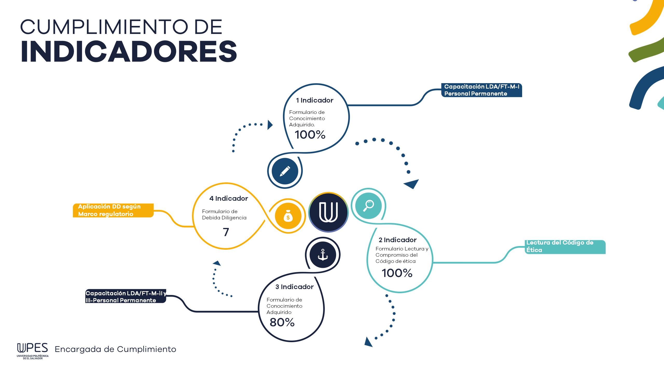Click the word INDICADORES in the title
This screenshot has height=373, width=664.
(129, 52)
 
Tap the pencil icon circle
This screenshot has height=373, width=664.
(285, 171)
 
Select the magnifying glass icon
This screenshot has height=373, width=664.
(368, 206)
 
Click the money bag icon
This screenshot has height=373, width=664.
(288, 216)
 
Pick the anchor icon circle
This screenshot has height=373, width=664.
(323, 255)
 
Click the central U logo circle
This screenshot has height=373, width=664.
(328, 212)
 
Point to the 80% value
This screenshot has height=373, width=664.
(282, 322)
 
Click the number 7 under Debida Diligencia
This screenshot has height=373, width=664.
(226, 232)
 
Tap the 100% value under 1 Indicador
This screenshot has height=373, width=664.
(310, 135)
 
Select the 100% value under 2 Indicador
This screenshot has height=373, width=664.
(397, 273)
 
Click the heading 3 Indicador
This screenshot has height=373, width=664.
(294, 287)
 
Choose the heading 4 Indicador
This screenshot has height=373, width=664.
(229, 198)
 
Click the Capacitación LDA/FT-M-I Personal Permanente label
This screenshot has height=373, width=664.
(481, 90)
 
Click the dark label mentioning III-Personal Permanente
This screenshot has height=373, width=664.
(126, 297)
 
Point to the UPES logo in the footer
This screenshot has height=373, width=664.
(33, 350)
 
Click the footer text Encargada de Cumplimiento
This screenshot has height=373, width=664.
(115, 349)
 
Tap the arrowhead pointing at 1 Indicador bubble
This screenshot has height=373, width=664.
(270, 125)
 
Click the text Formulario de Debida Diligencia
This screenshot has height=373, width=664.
(224, 214)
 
